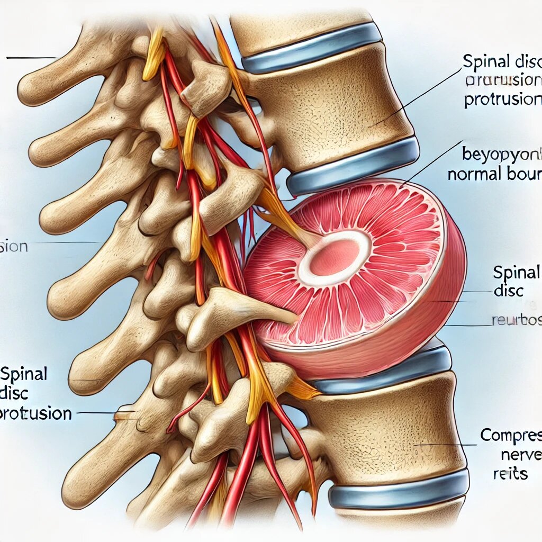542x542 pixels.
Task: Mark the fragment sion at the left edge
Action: click(x=13, y=247)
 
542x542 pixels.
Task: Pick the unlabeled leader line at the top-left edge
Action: click(x=31, y=57)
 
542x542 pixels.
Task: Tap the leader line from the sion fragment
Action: click(x=64, y=243)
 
